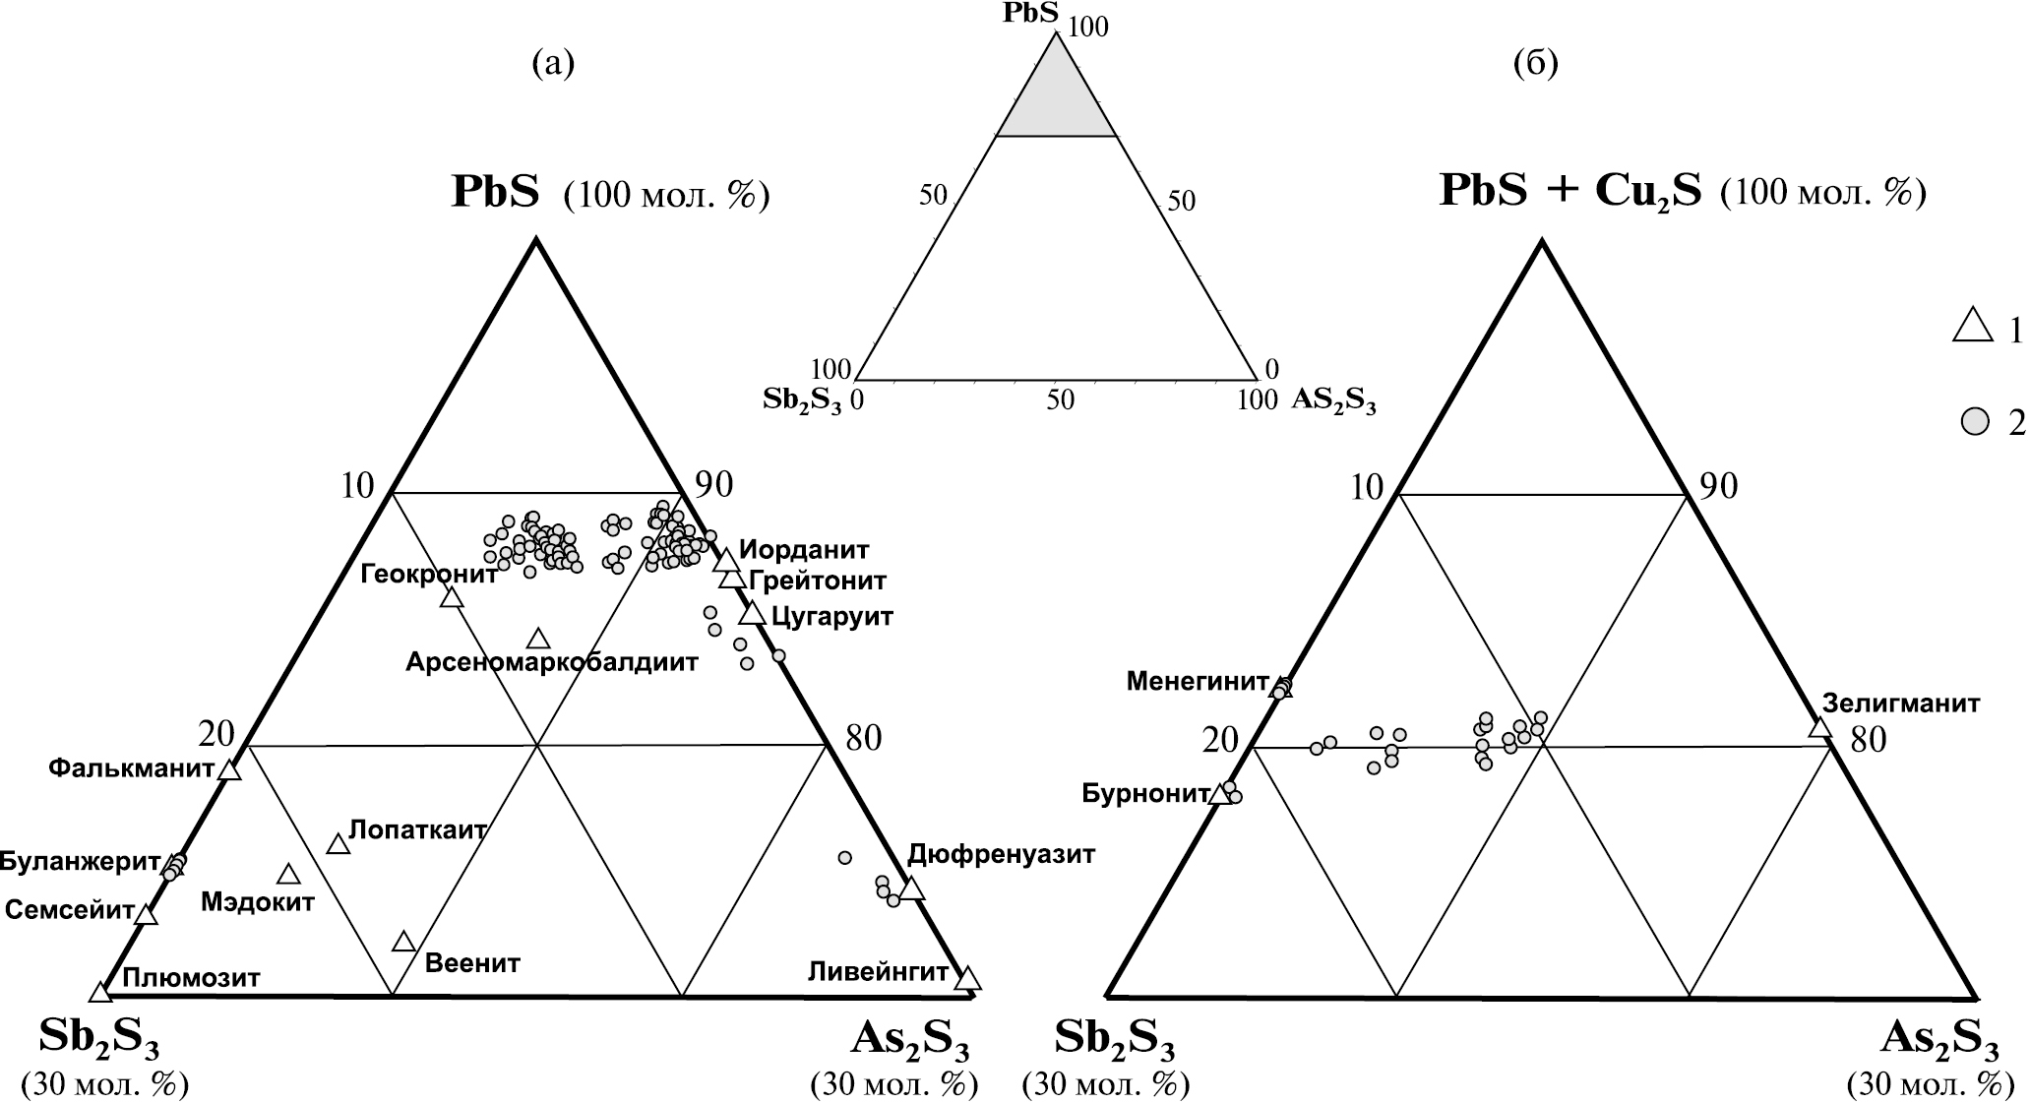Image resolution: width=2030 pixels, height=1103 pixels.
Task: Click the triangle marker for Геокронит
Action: [452, 597]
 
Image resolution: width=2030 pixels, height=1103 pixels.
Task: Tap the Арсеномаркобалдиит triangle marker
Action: [538, 640]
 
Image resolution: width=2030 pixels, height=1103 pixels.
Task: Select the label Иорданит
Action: [804, 549]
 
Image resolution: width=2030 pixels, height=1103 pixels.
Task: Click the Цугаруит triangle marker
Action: [753, 613]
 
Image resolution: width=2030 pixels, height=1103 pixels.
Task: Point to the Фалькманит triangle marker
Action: [229, 770]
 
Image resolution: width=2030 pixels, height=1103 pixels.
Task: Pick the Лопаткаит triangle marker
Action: [338, 844]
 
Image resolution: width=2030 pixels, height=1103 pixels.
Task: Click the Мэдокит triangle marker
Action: [288, 874]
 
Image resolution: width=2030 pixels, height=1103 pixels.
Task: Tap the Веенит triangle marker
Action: [403, 942]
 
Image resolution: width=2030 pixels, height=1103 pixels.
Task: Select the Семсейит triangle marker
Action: [146, 914]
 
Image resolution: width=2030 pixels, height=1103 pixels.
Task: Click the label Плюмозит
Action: [191, 978]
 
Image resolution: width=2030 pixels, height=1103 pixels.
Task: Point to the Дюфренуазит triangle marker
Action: [912, 889]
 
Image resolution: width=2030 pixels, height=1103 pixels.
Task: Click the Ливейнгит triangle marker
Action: [968, 978]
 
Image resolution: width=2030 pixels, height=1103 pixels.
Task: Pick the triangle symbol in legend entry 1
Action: [1971, 327]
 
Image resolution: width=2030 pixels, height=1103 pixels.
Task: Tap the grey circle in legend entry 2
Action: [1973, 422]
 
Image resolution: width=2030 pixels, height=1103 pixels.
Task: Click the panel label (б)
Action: [1535, 63]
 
